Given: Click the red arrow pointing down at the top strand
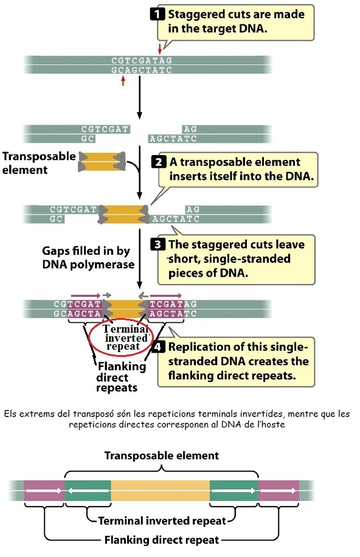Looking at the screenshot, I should click(160, 49).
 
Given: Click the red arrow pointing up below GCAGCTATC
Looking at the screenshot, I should click(123, 81).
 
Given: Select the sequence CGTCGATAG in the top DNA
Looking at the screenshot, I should click(142, 60).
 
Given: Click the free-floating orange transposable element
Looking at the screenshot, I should click(102, 161).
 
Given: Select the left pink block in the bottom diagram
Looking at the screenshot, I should click(43, 490).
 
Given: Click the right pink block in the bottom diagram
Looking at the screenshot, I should click(279, 490).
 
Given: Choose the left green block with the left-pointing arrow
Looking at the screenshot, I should click(88, 490).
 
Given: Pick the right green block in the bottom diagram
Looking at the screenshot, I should click(234, 490).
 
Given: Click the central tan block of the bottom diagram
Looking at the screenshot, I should click(161, 490).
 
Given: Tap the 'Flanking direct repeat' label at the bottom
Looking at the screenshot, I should click(162, 539).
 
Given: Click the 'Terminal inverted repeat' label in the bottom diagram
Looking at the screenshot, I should click(162, 521).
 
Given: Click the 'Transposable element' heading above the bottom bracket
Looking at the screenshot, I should click(162, 455).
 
